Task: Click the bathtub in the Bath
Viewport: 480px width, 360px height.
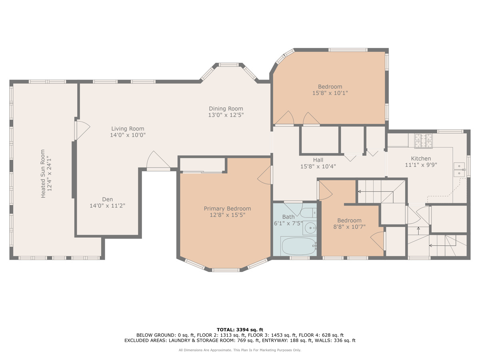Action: pyautogui.click(x=299, y=246)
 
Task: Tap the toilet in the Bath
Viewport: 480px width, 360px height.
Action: pyautogui.click(x=308, y=213)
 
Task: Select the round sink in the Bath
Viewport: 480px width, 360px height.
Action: pyautogui.click(x=310, y=228)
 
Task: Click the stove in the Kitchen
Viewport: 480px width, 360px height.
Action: pyautogui.click(x=424, y=141)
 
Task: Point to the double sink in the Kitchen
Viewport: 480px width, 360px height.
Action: pyautogui.click(x=460, y=169)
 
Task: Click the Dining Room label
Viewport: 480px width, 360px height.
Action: pyautogui.click(x=226, y=109)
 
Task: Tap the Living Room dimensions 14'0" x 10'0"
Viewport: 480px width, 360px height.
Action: pyautogui.click(x=128, y=135)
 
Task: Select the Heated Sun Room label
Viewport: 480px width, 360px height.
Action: pyautogui.click(x=43, y=174)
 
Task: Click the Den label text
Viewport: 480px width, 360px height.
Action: pyautogui.click(x=108, y=199)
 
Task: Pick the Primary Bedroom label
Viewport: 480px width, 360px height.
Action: pyautogui.click(x=228, y=208)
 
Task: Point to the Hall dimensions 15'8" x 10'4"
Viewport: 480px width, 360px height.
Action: pyautogui.click(x=318, y=166)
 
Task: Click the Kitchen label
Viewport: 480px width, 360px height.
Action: pyautogui.click(x=421, y=158)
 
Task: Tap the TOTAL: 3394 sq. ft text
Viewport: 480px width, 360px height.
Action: pyautogui.click(x=240, y=330)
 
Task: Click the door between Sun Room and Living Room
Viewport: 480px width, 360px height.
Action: pyautogui.click(x=82, y=130)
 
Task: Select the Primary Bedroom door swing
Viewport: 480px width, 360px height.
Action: pyautogui.click(x=265, y=175)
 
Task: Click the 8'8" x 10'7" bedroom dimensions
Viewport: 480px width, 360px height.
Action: pyautogui.click(x=349, y=227)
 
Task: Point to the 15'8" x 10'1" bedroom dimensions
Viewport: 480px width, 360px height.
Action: pyautogui.click(x=330, y=93)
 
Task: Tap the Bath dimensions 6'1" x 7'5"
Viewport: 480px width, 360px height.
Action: pyautogui.click(x=288, y=223)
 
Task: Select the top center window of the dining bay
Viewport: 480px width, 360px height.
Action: pyautogui.click(x=229, y=65)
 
